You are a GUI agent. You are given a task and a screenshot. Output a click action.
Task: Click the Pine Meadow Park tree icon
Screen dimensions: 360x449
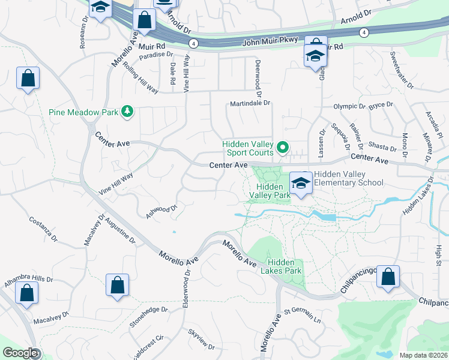[127, 112]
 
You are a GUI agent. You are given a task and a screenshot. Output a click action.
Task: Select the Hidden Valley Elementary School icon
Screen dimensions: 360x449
[301, 183]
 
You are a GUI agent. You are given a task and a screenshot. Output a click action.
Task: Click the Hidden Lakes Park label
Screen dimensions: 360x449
[285, 266]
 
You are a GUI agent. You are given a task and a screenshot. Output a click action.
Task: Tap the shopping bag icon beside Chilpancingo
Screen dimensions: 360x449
[388, 277]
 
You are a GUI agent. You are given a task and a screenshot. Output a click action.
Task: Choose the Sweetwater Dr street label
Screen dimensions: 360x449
[402, 70]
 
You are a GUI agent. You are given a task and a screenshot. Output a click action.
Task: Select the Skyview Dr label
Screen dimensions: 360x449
[201, 339]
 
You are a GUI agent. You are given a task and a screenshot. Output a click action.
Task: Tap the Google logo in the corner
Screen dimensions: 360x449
[19, 353]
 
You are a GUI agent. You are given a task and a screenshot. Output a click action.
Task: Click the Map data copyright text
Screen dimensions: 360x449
[423, 355]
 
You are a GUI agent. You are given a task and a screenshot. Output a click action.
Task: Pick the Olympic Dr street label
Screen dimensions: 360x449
[349, 107]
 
